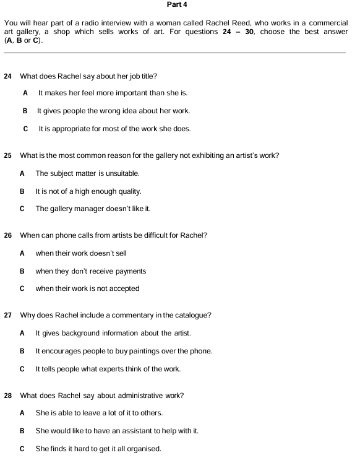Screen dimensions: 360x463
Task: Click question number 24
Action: pyautogui.click(x=7, y=76)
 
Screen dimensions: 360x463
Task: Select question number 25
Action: pyautogui.click(x=7, y=155)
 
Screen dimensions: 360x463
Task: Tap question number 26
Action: pyautogui.click(x=7, y=235)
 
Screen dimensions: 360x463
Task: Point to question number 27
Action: pyautogui.click(x=7, y=315)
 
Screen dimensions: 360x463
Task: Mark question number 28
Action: pyautogui.click(x=7, y=395)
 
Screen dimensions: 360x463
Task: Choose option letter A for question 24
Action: pyautogui.click(x=25, y=93)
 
